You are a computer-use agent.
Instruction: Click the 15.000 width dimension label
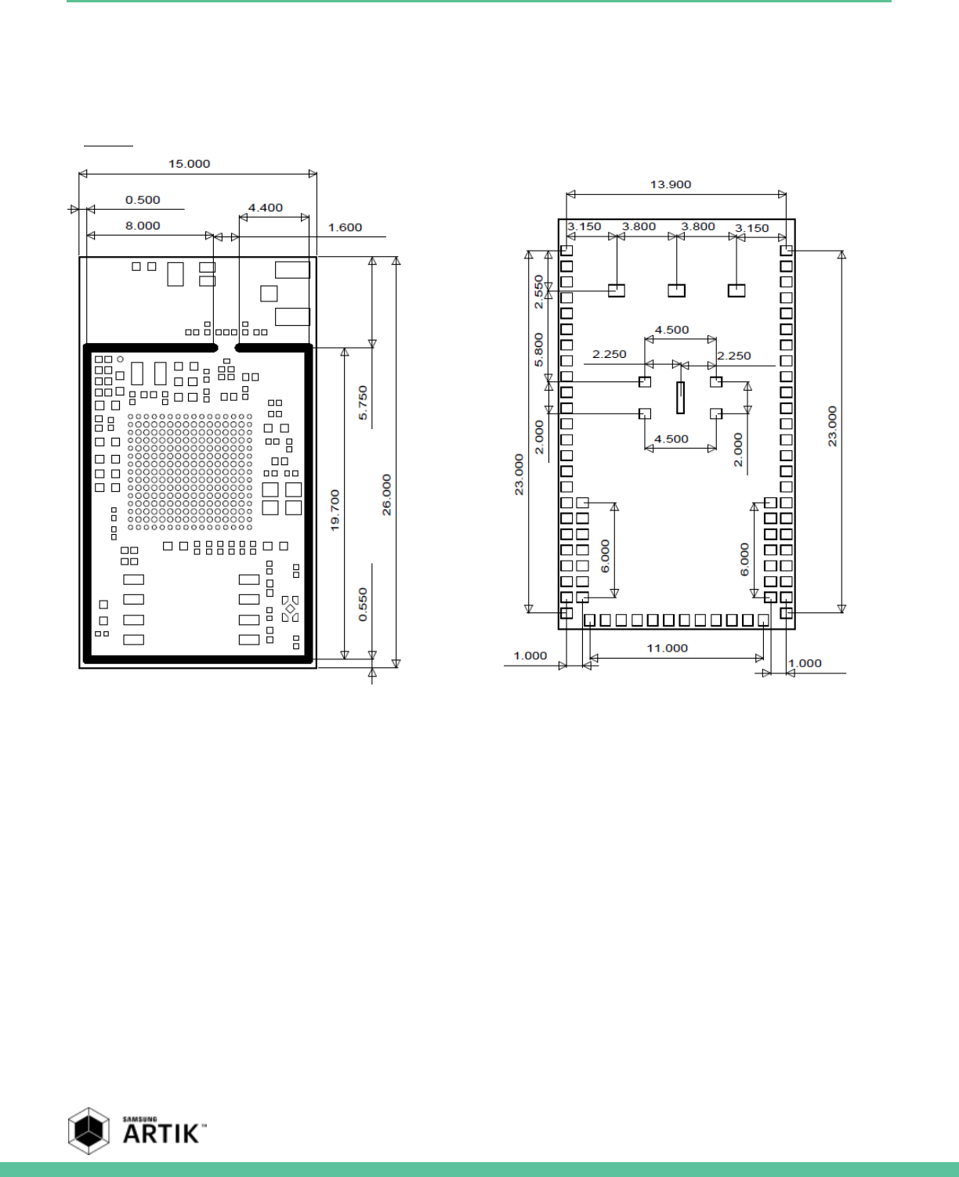(189, 164)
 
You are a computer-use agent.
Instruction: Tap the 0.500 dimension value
(143, 200)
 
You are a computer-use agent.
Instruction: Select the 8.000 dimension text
(143, 226)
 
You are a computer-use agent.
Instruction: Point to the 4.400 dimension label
(266, 208)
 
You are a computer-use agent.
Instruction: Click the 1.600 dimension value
(345, 227)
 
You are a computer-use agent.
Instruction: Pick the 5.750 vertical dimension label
(363, 403)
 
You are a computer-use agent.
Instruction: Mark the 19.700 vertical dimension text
(335, 511)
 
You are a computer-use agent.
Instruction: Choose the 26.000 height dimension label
(386, 495)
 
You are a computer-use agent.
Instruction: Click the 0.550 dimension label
(363, 605)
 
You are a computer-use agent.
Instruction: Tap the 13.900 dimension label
(671, 184)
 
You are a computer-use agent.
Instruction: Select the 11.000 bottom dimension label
(668, 648)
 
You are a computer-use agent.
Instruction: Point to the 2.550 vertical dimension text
(538, 292)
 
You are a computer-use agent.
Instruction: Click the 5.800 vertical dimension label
(538, 349)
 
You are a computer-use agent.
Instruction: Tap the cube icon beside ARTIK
(89, 1131)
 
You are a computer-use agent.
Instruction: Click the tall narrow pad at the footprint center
(680, 397)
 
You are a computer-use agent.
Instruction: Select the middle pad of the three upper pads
(677, 290)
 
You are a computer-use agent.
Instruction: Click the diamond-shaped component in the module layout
(290, 608)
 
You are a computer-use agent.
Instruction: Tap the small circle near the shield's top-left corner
(120, 359)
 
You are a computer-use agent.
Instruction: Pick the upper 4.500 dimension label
(671, 330)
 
